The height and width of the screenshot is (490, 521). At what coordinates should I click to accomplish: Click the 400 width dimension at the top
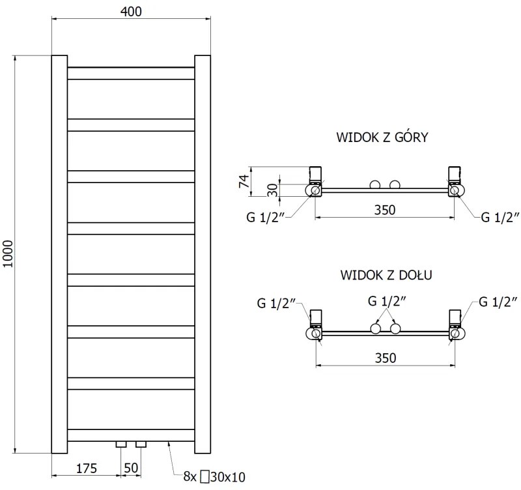[x=130, y=11]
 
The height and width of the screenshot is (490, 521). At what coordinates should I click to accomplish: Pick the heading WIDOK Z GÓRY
[x=382, y=137]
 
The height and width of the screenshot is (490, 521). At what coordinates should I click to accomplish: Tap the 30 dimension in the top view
[x=273, y=190]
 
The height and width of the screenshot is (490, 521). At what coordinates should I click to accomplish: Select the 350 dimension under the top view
[x=385, y=209]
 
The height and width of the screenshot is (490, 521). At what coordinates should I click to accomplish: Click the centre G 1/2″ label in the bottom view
[x=387, y=301]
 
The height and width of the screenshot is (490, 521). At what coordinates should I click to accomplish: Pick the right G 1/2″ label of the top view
[x=500, y=218]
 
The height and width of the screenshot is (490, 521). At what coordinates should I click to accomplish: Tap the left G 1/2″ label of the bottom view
[x=276, y=302]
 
